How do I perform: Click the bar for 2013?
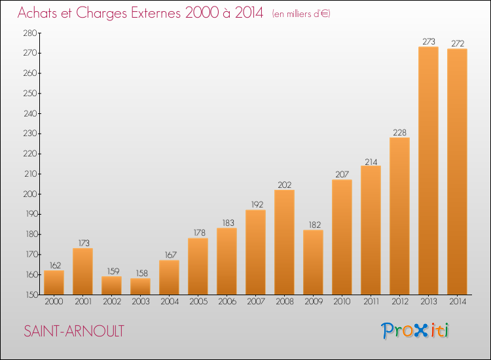click(x=428, y=171)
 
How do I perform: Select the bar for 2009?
click(x=313, y=262)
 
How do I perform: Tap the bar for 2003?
click(x=140, y=287)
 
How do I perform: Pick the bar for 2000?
click(x=54, y=282)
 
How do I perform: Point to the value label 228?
click(x=399, y=133)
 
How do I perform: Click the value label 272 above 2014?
click(x=458, y=43)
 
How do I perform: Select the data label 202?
click(x=284, y=185)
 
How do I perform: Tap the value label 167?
click(x=171, y=255)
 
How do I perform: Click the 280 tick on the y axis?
click(x=30, y=33)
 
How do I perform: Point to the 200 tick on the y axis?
click(x=30, y=194)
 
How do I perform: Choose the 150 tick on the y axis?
click(x=31, y=295)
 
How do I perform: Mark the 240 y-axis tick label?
click(x=30, y=114)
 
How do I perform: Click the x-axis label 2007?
click(x=256, y=302)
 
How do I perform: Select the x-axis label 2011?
click(x=371, y=302)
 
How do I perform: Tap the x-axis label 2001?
click(x=83, y=302)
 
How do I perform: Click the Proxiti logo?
click(x=415, y=331)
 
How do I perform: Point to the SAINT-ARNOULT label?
click(x=74, y=331)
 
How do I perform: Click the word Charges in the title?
click(x=101, y=13)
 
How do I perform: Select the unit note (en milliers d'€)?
click(x=301, y=14)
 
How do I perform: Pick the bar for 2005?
click(x=198, y=266)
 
